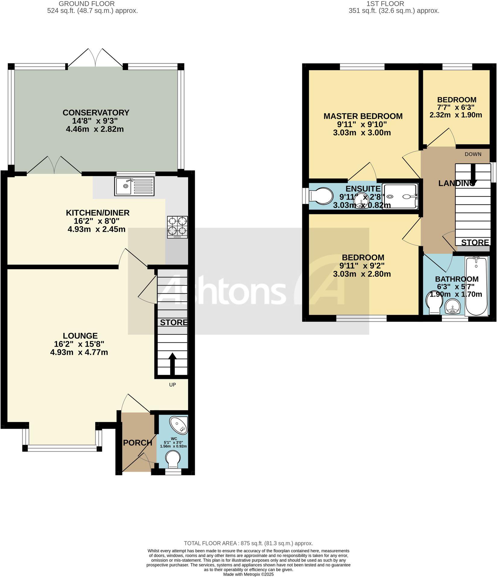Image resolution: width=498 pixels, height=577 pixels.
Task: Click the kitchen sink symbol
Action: pyautogui.click(x=134, y=186)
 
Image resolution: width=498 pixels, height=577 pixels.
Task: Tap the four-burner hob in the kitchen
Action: pyautogui.click(x=177, y=227)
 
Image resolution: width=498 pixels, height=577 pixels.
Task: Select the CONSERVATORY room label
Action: pyautogui.click(x=96, y=113)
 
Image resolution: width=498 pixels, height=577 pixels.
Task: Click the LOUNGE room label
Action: pyautogui.click(x=80, y=336)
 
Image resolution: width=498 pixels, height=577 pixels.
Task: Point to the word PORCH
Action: pyautogui.click(x=138, y=443)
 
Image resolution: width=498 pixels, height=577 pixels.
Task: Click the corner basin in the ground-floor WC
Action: pyautogui.click(x=179, y=424)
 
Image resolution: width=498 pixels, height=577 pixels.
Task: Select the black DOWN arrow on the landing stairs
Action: pyautogui.click(x=472, y=175)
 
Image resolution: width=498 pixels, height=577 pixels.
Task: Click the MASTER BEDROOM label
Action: pyautogui.click(x=363, y=116)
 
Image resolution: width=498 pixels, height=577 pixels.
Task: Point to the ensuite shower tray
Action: pyautogui.click(x=401, y=197)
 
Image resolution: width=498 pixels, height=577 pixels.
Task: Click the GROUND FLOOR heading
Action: pyautogui.click(x=87, y=4)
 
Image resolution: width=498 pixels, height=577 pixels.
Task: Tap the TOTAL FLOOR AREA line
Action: pyautogui.click(x=248, y=543)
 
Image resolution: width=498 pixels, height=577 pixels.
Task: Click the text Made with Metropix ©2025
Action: pyautogui.click(x=248, y=574)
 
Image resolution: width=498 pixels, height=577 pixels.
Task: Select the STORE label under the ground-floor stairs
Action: pyautogui.click(x=173, y=323)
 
